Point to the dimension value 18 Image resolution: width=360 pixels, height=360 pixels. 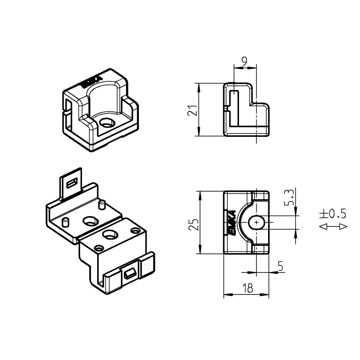coord(247,288)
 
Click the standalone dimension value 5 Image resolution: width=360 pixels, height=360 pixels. coord(280,266)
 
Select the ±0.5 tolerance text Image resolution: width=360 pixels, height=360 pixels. coord(332,214)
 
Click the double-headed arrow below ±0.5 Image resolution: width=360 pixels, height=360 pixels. coord(333,226)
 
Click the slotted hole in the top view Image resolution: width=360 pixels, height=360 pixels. coord(256,223)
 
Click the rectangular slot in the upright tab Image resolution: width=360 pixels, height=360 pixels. coord(72,183)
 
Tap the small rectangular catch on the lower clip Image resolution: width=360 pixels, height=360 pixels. coord(130,274)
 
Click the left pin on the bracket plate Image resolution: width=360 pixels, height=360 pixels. coord(66,221)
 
